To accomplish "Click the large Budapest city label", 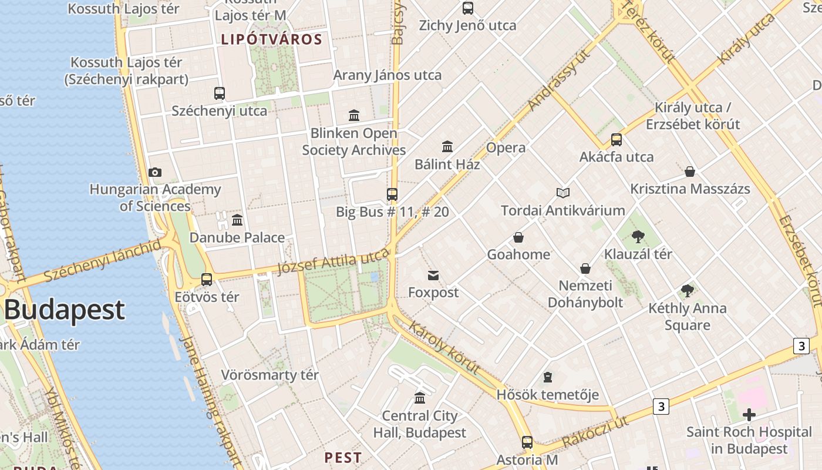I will coord(65,310).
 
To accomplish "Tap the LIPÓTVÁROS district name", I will coord(271,40).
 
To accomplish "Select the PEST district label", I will coord(343,457).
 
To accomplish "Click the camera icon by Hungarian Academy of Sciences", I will coord(155,172).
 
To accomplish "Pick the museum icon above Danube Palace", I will coord(237,220).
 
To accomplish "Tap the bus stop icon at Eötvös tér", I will coord(207,280).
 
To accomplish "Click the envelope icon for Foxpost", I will coord(433,275).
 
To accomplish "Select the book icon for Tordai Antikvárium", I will coord(562,193).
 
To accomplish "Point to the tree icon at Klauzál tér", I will coord(638,237).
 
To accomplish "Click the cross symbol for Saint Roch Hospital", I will coord(749,415).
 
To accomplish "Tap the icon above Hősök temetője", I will coord(548,377).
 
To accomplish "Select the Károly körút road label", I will coord(444,347).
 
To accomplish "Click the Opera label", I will coord(506,147).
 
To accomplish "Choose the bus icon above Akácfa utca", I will coord(616,140).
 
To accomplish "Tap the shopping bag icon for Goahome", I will coord(518,237).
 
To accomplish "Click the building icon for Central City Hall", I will coord(420,398).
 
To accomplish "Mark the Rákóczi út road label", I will coord(595,432).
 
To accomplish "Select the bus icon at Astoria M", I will coord(527,442).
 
